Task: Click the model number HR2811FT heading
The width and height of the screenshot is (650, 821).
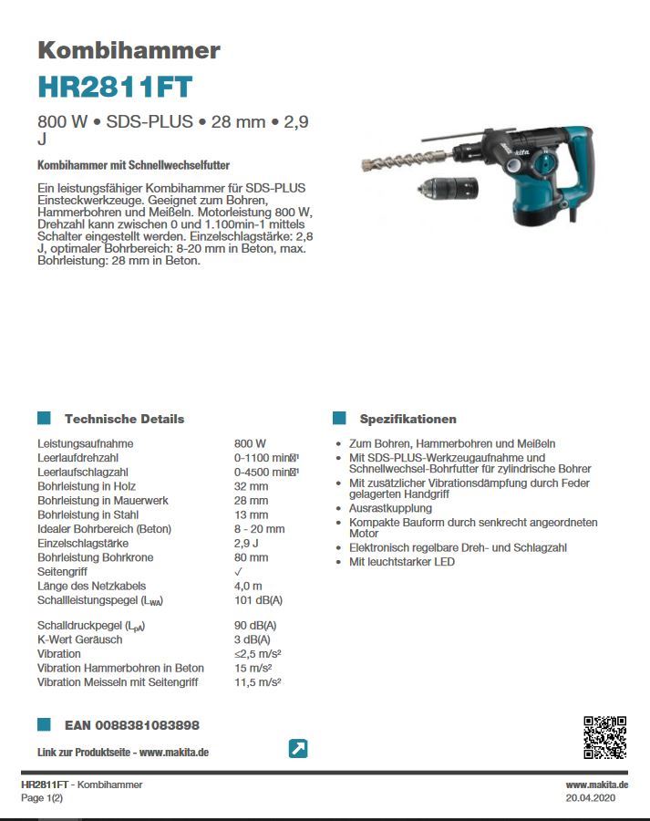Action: pos(115,87)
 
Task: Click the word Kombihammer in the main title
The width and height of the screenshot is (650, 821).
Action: pos(129,49)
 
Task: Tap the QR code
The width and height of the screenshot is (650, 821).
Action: pos(604,738)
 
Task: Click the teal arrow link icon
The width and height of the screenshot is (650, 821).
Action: pos(297,749)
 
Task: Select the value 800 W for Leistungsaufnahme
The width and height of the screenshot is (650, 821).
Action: pos(250,443)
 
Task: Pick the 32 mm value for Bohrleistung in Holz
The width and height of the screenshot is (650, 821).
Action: pos(251,486)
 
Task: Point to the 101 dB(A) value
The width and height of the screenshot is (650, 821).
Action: pos(258,600)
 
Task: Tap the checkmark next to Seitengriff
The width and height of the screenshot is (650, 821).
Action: pos(239,572)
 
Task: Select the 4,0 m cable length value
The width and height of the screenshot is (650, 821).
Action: pos(248,586)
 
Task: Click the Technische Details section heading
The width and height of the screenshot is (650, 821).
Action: pos(124,419)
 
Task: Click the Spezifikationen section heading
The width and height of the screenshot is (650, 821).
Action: pos(408,419)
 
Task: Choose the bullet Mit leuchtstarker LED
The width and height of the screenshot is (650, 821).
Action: pos(401,562)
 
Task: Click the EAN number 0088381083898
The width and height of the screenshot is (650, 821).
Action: pos(132,725)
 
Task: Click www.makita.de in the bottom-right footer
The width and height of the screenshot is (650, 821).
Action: pos(596,785)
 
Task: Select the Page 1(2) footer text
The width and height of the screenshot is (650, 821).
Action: pos(42,798)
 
